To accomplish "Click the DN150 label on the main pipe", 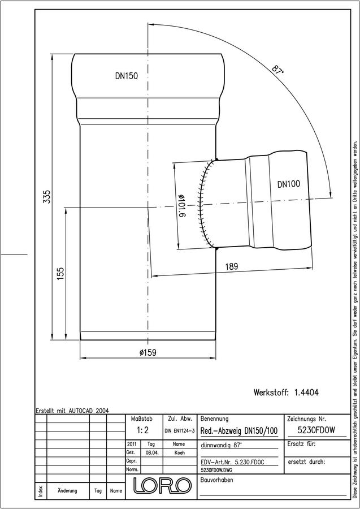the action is point(127,76).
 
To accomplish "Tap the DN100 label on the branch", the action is point(289,184).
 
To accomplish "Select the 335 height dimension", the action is point(47,197).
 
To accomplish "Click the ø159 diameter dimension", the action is point(148,352).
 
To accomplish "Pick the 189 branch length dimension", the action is point(232,266).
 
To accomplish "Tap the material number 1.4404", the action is point(306,392).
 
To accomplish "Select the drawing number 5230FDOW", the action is point(316,430).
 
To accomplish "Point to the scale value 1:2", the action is point(143,430).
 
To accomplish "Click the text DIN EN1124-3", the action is point(179,431).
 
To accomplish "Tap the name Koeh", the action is point(179,453).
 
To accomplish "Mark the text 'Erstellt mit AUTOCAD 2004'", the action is point(72,411).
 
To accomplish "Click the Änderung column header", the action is point(67,491).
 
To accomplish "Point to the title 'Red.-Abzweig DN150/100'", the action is point(240,431).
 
